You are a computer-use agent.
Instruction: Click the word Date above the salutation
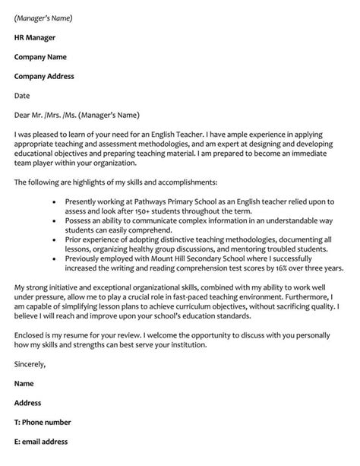(x=23, y=96)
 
